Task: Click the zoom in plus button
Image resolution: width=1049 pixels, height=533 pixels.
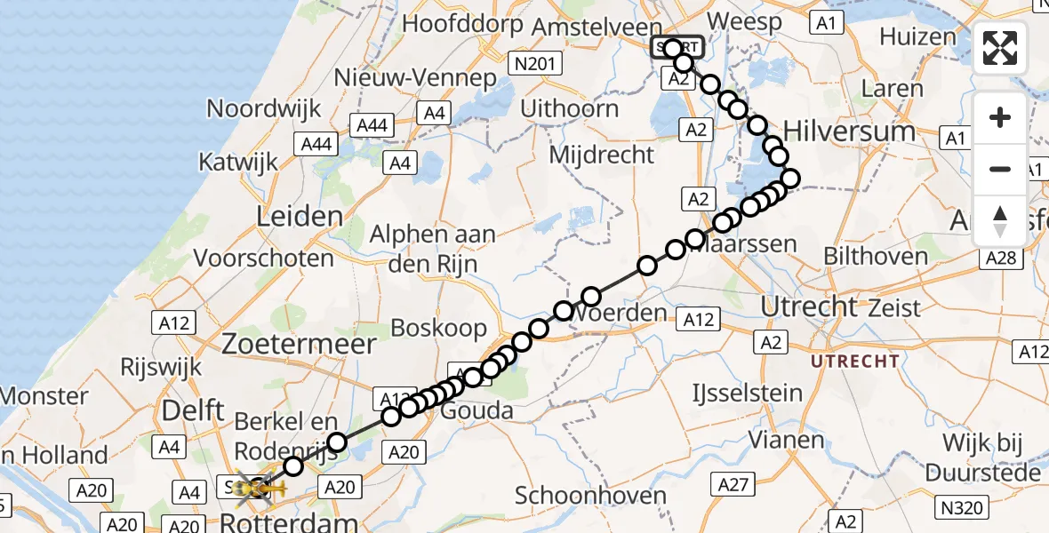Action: (x=1000, y=117)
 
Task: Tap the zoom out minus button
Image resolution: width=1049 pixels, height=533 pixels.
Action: (x=1000, y=169)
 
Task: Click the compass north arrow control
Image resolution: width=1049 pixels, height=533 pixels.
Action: (x=1000, y=221)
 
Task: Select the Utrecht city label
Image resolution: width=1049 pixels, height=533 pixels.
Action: (x=810, y=307)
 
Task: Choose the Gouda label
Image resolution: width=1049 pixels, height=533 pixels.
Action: (x=478, y=410)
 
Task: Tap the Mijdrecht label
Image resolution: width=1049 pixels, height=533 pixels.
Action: (x=602, y=154)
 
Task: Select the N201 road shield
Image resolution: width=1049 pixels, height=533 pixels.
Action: (x=534, y=63)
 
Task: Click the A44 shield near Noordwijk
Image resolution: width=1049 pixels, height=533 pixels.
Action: (x=372, y=125)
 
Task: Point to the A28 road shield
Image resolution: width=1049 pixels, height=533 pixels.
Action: (x=1000, y=258)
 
